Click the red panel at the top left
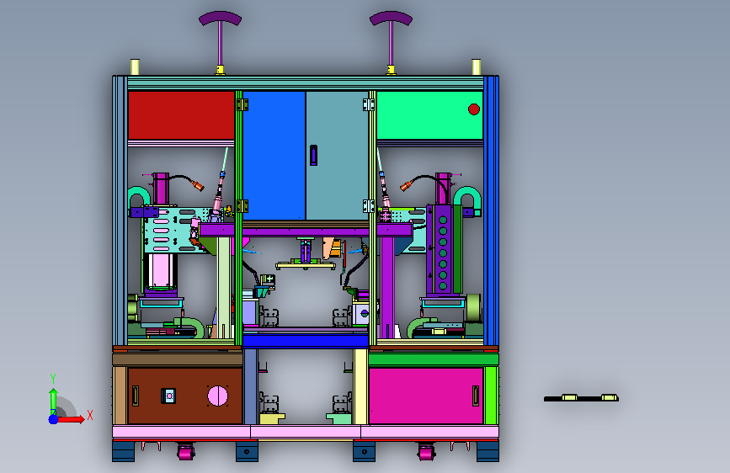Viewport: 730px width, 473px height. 181,115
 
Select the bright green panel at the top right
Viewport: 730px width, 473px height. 429,115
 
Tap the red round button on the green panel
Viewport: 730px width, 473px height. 474,109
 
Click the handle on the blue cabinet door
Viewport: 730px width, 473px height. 313,155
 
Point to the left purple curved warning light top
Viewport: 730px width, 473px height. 220,18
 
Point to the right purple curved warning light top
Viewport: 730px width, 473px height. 391,18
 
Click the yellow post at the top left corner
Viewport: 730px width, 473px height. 135,66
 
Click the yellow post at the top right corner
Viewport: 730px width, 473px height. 477,66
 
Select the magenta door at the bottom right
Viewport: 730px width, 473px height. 426,396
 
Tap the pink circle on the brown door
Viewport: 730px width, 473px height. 217,396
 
